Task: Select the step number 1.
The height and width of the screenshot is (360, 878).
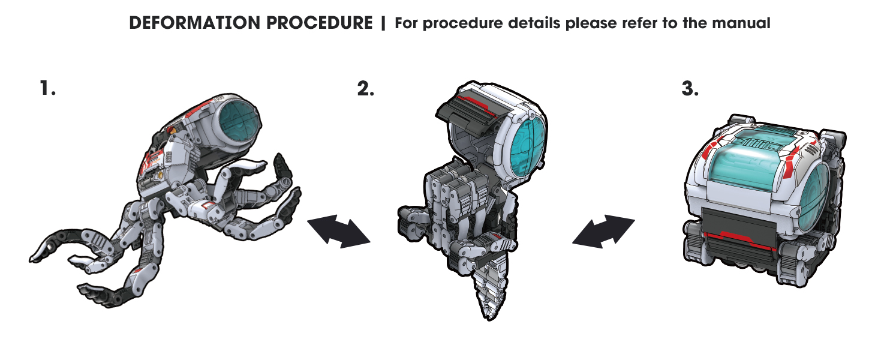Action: pyautogui.click(x=47, y=89)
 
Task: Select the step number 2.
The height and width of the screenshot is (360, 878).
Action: pyautogui.click(x=365, y=89)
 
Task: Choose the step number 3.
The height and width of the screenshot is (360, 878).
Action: pyautogui.click(x=690, y=89)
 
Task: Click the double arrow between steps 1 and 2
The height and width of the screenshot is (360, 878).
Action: pyautogui.click(x=338, y=232)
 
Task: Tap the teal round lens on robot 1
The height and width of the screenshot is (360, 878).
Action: pyautogui.click(x=239, y=123)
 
